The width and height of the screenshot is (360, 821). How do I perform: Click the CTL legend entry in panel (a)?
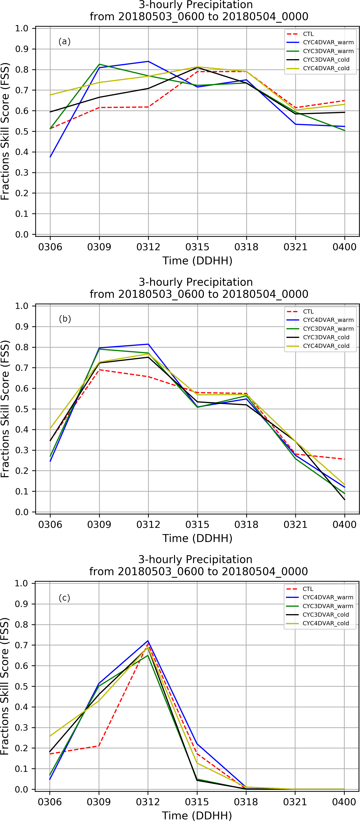308,34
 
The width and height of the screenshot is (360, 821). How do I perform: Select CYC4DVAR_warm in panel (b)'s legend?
328,320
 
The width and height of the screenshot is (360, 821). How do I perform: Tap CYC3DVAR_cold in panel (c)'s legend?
326,615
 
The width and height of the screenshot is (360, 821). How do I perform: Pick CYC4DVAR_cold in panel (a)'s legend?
326,68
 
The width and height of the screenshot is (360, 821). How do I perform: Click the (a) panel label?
65,42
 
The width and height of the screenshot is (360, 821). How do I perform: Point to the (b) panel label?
65,319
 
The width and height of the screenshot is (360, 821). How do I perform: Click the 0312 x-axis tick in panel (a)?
148,247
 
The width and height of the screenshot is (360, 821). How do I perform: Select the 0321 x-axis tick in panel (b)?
295,524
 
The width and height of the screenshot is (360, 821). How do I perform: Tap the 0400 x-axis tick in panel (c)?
344,802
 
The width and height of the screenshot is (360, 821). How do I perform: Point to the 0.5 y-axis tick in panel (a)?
22,131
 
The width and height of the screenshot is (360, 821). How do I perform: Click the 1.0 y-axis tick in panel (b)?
22,306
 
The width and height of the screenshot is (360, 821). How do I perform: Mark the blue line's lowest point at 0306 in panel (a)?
50,157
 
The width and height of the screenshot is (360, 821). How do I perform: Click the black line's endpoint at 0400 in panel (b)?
344,500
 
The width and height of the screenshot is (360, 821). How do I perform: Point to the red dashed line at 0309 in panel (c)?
99,746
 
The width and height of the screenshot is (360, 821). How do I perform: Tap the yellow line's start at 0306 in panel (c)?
50,736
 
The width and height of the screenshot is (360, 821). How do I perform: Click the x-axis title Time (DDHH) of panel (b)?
197,538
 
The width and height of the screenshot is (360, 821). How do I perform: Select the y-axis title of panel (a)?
5,131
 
